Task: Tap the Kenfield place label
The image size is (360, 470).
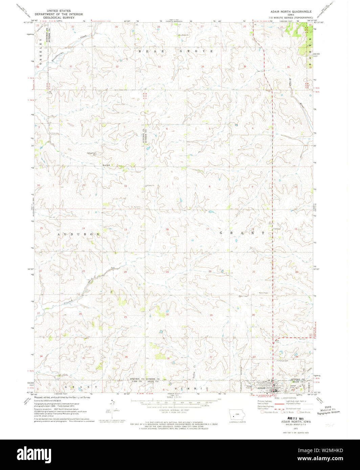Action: coord(107,165)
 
